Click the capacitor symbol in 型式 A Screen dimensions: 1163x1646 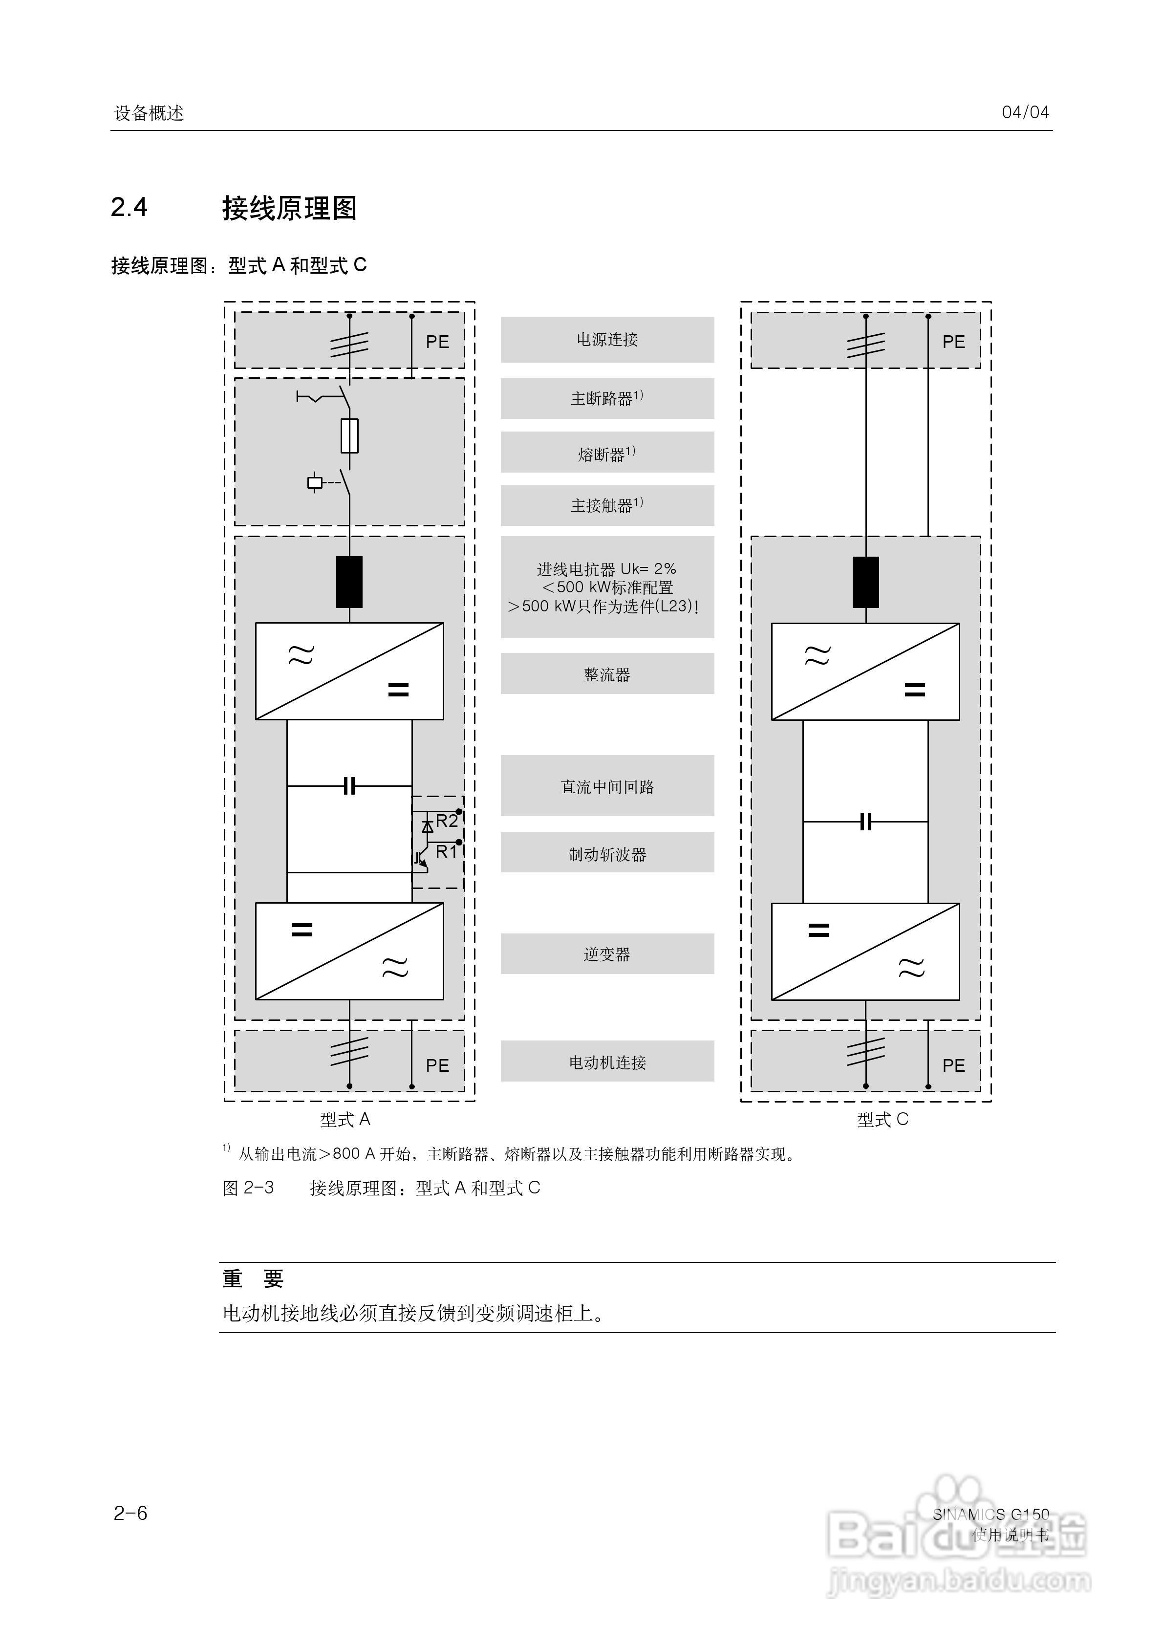click(x=349, y=786)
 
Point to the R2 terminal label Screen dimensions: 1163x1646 click(x=447, y=821)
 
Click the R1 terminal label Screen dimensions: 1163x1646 click(x=446, y=852)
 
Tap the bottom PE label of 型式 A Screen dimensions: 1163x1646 click(x=437, y=1065)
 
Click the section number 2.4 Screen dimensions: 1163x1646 click(x=129, y=207)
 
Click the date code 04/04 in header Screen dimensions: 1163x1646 click(x=1025, y=112)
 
